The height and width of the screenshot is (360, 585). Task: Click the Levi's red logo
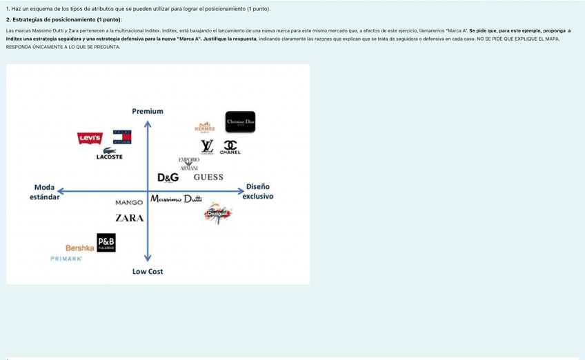click(90, 139)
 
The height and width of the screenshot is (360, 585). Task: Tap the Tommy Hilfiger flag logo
click(122, 137)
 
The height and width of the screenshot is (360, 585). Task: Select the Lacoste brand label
click(109, 154)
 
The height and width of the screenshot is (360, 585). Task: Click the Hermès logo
click(205, 127)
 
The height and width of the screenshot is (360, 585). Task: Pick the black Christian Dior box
click(240, 122)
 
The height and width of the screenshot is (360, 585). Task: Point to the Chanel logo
click(230, 148)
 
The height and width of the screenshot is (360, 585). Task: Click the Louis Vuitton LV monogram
click(207, 146)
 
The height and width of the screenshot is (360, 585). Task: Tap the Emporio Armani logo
click(189, 163)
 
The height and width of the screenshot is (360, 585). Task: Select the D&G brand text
click(168, 177)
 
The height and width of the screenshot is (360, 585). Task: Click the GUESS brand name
click(208, 177)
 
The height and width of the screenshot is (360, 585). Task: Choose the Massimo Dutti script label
click(176, 200)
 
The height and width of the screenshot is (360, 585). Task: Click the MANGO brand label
click(129, 203)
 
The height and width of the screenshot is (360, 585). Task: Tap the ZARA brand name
click(129, 218)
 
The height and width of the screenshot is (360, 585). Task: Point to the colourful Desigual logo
click(218, 213)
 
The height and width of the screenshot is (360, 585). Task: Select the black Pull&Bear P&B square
click(106, 242)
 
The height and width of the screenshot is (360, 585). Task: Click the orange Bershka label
click(80, 248)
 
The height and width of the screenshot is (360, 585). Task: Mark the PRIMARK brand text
click(66, 259)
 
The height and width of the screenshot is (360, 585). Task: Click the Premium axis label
click(148, 111)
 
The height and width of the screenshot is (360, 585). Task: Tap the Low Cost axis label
click(148, 272)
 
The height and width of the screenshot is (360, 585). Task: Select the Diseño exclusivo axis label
click(258, 191)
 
